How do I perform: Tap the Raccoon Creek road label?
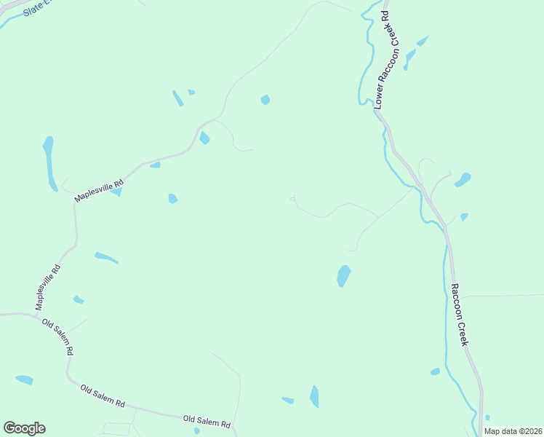(x=460, y=315)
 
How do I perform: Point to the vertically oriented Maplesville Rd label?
(x=49, y=286)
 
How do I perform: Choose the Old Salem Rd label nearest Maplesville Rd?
(x=57, y=336)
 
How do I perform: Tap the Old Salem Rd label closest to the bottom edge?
(x=207, y=421)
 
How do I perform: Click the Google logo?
(x=24, y=428)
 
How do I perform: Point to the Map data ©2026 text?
(x=513, y=431)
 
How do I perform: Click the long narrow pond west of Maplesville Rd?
(x=49, y=162)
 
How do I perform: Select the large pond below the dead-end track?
(x=343, y=275)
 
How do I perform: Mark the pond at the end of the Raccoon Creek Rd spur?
(x=463, y=178)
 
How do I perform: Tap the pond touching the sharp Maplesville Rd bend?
(x=204, y=138)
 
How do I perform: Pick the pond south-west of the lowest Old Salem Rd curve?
(x=24, y=379)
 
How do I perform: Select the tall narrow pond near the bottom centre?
(x=314, y=396)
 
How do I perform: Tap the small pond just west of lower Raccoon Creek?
(x=435, y=371)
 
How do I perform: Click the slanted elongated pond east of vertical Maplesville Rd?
(x=105, y=257)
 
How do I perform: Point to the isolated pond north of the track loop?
(x=265, y=100)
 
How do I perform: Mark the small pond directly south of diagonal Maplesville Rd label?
(x=116, y=192)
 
